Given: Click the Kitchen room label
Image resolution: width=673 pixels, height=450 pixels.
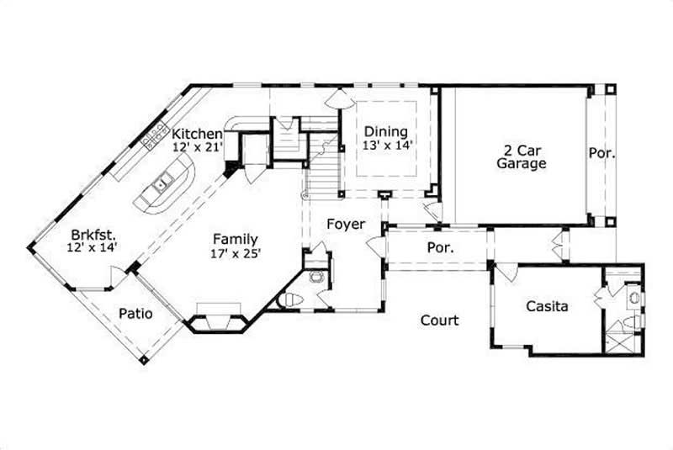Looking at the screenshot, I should [x=197, y=134].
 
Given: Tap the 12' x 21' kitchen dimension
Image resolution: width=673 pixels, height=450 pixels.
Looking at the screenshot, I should [x=197, y=146].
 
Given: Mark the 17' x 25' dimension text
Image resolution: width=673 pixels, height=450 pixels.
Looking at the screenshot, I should [x=235, y=252].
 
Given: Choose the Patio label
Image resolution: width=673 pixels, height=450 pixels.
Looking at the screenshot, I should [x=135, y=314].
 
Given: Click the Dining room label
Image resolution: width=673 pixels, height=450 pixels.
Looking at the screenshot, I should [x=386, y=131].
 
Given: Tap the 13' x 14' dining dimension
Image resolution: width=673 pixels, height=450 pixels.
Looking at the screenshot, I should [x=386, y=145].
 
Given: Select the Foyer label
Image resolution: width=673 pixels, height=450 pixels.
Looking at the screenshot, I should [x=346, y=225].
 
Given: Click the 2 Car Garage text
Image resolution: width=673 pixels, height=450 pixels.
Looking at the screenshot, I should [x=520, y=156].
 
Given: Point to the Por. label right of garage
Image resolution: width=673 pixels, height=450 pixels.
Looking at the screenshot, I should [x=602, y=154].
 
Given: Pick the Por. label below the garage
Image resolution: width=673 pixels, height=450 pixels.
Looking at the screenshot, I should [x=441, y=249].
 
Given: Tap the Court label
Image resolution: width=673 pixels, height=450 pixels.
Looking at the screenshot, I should [x=439, y=320].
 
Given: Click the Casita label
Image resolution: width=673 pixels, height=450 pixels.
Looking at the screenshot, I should [x=547, y=306].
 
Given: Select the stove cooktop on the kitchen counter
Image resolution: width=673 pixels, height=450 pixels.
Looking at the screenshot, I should [x=156, y=136].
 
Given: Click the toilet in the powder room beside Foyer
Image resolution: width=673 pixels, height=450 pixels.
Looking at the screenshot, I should [x=289, y=299].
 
